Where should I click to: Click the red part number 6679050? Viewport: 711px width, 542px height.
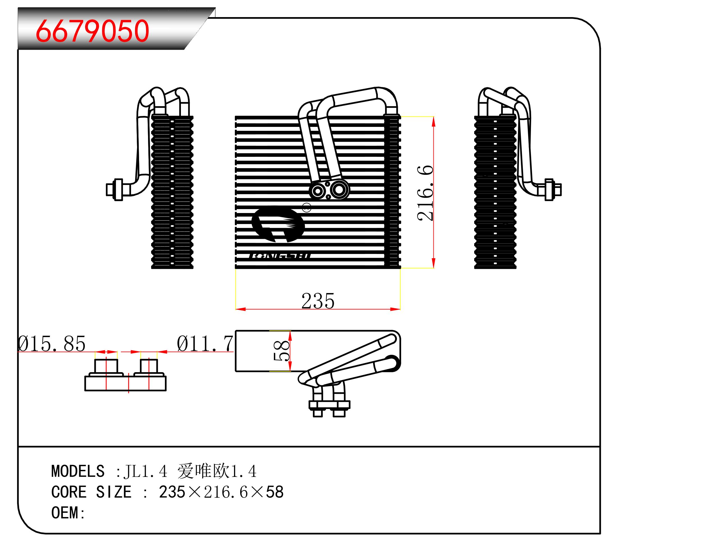click(x=92, y=31)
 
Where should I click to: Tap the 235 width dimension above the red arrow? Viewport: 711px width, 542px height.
click(x=318, y=301)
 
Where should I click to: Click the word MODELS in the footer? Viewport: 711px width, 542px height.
click(x=78, y=471)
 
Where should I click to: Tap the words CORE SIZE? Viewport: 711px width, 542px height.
click(x=91, y=492)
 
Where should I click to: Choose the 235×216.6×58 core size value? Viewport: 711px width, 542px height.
click(x=221, y=492)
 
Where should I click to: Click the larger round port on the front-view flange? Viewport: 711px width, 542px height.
click(x=339, y=190)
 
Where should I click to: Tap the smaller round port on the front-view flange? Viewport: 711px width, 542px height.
click(x=318, y=191)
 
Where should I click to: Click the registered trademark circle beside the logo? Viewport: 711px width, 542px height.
click(x=307, y=208)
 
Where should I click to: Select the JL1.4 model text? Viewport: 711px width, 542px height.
click(x=146, y=471)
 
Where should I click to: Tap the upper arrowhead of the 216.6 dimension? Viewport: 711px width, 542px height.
click(x=433, y=121)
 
